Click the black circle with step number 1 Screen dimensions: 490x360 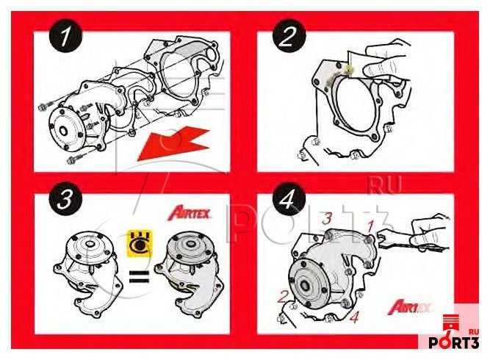point(65,37)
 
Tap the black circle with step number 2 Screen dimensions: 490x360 point(289,37)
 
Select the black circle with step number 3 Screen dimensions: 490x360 point(65,198)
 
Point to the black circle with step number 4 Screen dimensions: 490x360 point(289,198)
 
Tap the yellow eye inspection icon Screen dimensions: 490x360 point(140,243)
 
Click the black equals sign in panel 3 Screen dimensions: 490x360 point(140,277)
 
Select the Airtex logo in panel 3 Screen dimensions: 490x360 point(189,213)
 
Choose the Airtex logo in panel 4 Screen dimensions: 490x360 point(409,306)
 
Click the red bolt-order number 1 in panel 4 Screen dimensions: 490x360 point(371,226)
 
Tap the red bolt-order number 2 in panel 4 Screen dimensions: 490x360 point(283,296)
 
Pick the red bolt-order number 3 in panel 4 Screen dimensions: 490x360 point(327,218)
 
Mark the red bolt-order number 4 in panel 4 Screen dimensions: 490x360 point(354,317)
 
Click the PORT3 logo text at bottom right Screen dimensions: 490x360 point(453,342)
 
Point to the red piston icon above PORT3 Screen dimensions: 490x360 point(450,325)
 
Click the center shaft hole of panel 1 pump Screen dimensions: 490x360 point(63,131)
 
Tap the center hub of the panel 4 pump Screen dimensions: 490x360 point(304,285)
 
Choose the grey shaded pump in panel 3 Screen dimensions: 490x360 point(189,273)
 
